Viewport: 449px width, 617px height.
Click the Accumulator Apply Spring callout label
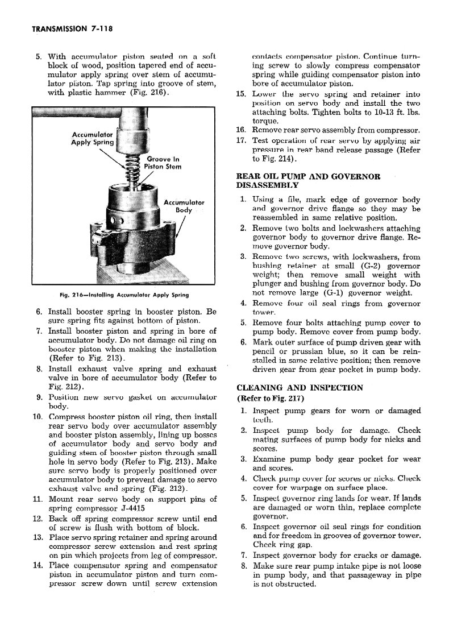pos(92,138)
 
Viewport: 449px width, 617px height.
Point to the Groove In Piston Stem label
pos(163,163)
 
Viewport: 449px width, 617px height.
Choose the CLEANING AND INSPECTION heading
pos(299,388)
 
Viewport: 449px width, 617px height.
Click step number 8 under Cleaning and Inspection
pos(243,566)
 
